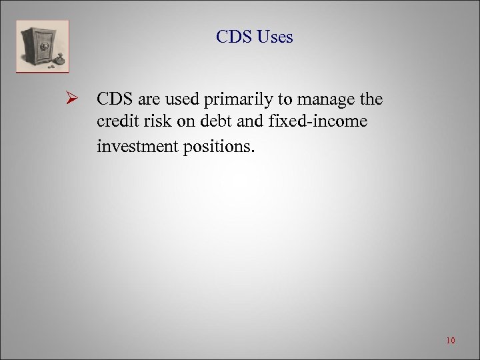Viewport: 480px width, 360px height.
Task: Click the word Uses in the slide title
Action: [273, 37]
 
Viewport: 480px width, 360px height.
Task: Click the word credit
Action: [115, 123]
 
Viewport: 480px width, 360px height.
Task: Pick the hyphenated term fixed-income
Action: [303, 123]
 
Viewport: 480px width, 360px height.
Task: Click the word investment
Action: [137, 145]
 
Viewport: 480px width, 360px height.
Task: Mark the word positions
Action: [218, 145]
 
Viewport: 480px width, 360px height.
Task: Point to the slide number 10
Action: [450, 341]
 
